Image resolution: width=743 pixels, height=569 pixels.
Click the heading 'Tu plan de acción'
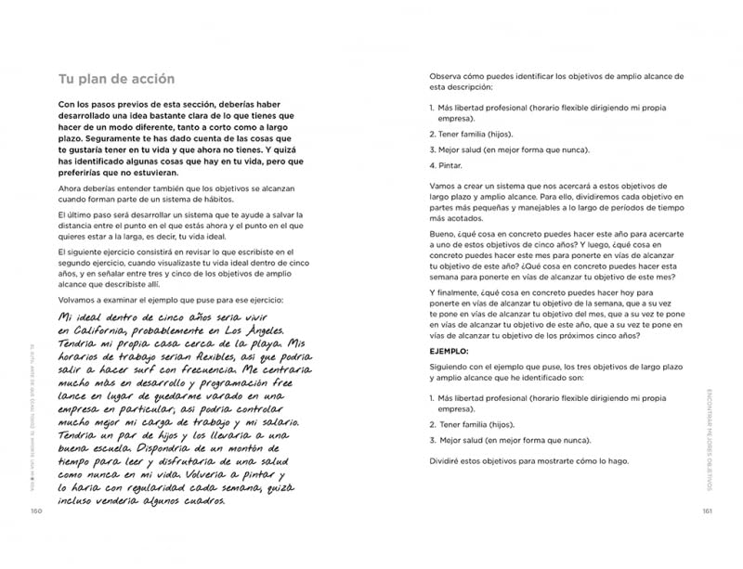click(116, 79)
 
